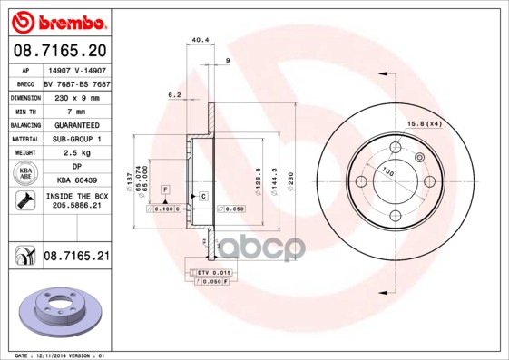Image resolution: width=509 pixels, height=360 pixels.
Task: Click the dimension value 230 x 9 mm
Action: pyautogui.click(x=75, y=95)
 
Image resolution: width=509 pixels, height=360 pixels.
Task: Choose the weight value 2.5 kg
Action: pyautogui.click(x=75, y=153)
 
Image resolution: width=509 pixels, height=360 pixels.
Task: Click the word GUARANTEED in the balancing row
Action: pyautogui.click(x=75, y=124)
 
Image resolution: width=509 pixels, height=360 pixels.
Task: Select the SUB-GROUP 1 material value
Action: pyautogui.click(x=75, y=139)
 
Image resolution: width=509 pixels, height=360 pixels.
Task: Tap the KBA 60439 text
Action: pyautogui.click(x=75, y=182)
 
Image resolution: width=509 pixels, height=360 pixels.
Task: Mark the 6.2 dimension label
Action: pyautogui.click(x=174, y=94)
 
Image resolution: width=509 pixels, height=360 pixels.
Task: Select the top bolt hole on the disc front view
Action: pyautogui.click(x=395, y=148)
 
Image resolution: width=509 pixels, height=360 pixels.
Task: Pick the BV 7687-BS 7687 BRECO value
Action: pyautogui.click(x=75, y=81)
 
